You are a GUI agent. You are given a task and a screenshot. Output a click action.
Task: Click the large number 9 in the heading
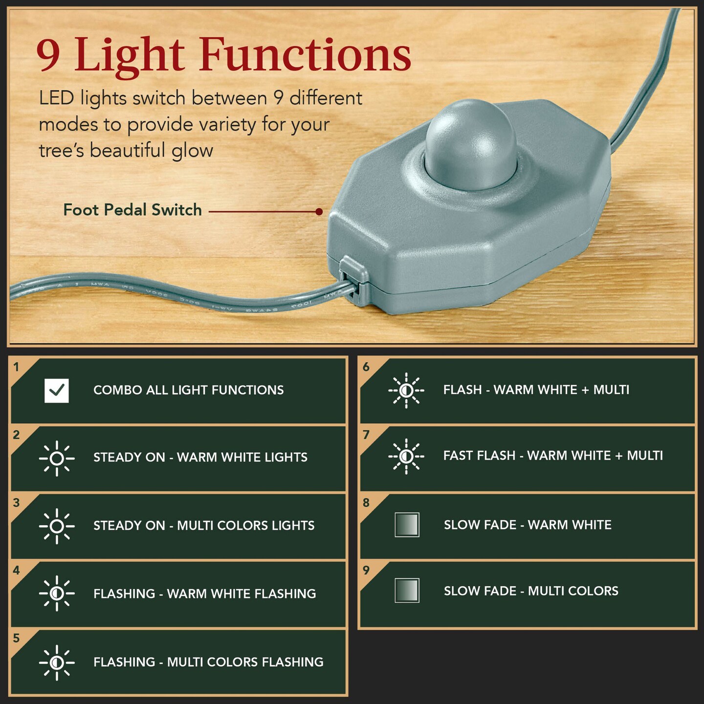[x=48, y=55]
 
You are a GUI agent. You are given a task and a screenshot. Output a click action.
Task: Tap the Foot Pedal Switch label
[x=132, y=210]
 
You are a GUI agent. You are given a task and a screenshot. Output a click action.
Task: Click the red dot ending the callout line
[x=319, y=212]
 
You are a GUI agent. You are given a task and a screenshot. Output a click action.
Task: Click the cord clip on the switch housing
[x=354, y=281]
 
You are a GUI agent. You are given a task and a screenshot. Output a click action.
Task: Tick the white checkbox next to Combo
[x=57, y=391]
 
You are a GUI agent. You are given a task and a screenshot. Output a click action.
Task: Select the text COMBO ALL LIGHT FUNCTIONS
[x=188, y=390]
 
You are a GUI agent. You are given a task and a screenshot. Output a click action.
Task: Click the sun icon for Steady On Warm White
[x=57, y=458]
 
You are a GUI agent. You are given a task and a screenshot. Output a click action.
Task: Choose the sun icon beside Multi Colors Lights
[x=57, y=526]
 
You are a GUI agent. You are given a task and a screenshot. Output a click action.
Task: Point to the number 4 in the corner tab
[x=17, y=570]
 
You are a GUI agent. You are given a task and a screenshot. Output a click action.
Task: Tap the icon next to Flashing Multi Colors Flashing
[x=57, y=662]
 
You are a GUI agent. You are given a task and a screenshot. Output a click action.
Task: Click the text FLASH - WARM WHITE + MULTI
[x=536, y=390]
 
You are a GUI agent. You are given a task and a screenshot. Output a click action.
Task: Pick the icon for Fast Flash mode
[x=406, y=456]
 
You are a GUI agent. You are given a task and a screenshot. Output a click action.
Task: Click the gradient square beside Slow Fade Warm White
[x=407, y=525]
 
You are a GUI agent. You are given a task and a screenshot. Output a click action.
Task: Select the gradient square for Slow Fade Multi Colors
[x=407, y=591]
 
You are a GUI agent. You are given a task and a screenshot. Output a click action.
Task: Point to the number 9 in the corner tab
[x=366, y=570]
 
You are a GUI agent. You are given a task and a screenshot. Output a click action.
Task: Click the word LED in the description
[x=56, y=98]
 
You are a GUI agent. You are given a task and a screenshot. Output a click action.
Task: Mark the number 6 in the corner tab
[x=366, y=367]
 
